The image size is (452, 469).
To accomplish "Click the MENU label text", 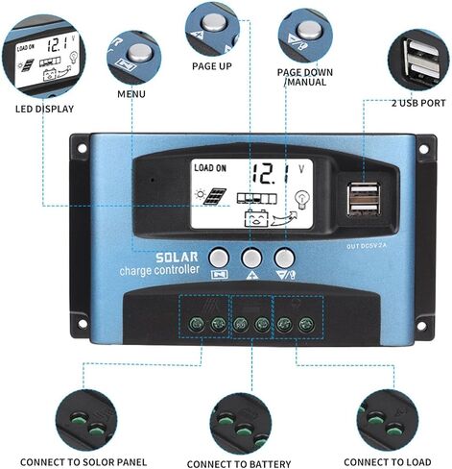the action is tap(131, 94).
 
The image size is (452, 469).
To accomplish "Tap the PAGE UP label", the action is tap(212, 66).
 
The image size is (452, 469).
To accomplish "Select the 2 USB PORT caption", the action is tap(418, 103).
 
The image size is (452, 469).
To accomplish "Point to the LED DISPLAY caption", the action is tap(44, 109).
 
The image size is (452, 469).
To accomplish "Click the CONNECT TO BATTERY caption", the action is tap(239, 464).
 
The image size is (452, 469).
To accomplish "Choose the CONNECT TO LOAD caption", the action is tap(388, 462).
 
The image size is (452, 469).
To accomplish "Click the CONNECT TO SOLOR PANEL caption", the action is tap(83, 462).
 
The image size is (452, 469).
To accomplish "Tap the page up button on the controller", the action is tap(251, 258).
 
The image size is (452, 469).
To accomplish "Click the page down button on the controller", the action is tap(284, 258).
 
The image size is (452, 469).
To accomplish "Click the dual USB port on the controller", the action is tap(364, 199).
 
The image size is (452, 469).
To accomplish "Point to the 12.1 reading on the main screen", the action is tap(270, 174).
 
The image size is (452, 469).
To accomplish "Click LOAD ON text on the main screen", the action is tap(210, 168).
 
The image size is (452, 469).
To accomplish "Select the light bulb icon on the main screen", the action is tap(302, 199).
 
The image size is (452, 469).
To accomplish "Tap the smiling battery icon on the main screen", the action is tap(256, 218).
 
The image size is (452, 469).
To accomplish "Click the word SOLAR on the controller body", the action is tap(177, 258).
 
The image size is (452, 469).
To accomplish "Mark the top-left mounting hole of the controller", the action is tap(83, 149).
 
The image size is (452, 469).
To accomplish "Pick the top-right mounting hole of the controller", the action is tap(423, 149).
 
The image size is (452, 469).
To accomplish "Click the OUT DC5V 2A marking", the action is tap(367, 246).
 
